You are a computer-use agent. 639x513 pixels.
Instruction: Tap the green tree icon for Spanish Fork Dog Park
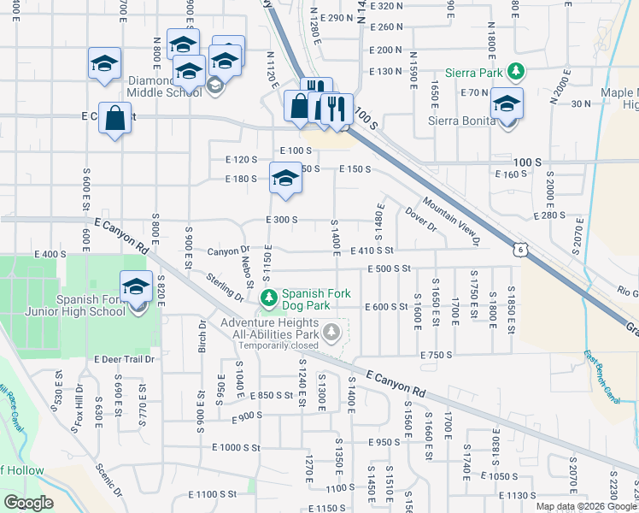pos(269,298)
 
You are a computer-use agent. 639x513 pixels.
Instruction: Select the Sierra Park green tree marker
pos(515,72)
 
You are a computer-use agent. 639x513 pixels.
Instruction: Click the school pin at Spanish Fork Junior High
pos(136,286)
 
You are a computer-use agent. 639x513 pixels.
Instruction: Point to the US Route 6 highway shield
pos(519,249)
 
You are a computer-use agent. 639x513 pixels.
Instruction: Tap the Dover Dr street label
pos(421,221)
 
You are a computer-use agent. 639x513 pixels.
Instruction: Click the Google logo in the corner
pos(28,503)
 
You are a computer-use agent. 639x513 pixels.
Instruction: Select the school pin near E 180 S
pos(285,177)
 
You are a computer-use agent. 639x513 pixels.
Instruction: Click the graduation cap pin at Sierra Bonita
pos(507,103)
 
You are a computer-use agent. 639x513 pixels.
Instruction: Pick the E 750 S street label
pos(436,355)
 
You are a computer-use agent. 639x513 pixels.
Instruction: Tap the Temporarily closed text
pos(278,345)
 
